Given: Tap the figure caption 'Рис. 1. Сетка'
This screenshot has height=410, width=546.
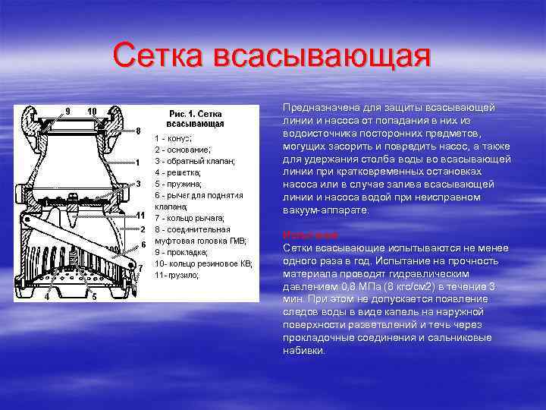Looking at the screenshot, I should pos(195,112).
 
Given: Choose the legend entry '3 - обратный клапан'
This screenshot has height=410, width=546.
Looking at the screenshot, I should pos(195,162).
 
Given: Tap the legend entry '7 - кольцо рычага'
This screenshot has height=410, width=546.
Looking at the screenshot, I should pos(190,218).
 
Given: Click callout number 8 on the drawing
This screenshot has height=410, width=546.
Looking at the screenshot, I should pos(138,131).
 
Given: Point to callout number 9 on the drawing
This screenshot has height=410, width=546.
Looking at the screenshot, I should pos(67,111).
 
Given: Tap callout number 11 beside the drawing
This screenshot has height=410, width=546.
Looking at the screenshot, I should pos(140,215).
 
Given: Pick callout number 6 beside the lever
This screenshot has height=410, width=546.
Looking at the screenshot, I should pos(143,244).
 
